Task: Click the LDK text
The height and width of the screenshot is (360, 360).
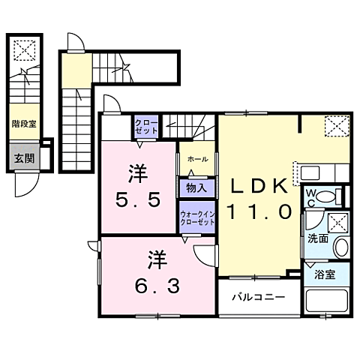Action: click(x=256, y=186)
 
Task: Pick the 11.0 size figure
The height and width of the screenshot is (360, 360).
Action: click(x=256, y=211)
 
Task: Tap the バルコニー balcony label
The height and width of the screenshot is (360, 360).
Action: click(x=257, y=297)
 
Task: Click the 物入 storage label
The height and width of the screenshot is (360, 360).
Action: click(x=196, y=187)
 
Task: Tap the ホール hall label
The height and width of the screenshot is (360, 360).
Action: click(x=197, y=160)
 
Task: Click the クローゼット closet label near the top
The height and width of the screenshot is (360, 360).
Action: click(x=146, y=126)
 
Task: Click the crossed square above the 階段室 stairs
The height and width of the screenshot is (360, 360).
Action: click(x=25, y=49)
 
